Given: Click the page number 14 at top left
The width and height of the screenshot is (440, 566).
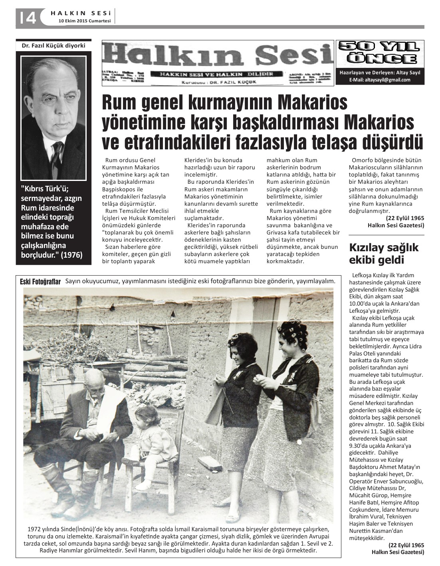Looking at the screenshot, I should pyautogui.click(x=26, y=18).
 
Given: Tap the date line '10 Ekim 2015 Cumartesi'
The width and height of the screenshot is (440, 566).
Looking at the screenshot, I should pyautogui.click(x=84, y=22).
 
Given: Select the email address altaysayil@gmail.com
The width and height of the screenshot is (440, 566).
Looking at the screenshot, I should pyautogui.click(x=379, y=80).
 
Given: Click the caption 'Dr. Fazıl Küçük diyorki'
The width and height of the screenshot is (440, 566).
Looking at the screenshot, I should pyautogui.click(x=54, y=46).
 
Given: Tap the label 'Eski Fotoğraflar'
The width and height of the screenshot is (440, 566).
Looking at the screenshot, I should pyautogui.click(x=40, y=282).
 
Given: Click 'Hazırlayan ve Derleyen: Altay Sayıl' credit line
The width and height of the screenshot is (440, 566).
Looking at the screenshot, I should pyautogui.click(x=380, y=73).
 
